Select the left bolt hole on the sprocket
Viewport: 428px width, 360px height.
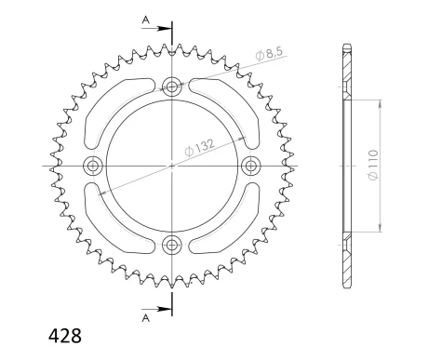tap(92, 167)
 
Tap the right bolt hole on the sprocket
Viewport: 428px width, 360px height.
tap(250, 167)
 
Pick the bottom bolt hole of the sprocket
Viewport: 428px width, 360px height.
tap(171, 246)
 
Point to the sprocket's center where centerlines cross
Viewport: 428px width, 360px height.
tap(171, 167)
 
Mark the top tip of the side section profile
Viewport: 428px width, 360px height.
tap(346, 44)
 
